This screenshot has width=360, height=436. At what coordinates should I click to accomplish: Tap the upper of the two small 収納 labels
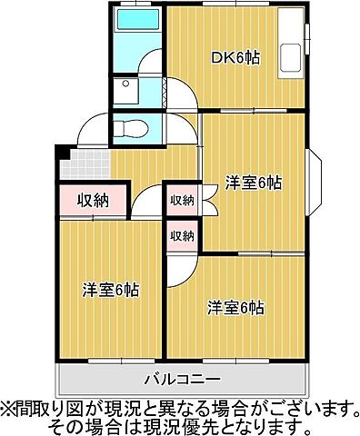pos(182,201)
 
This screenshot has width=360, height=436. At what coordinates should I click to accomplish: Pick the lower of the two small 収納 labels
pos(182,235)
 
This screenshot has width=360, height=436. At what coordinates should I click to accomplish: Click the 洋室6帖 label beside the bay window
pos(253,183)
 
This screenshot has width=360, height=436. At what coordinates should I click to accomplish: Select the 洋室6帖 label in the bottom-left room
pos(111,291)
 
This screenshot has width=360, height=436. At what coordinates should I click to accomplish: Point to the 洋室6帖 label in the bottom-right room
pos(235,307)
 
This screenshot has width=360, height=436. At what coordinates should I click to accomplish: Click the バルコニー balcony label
pos(182,377)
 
